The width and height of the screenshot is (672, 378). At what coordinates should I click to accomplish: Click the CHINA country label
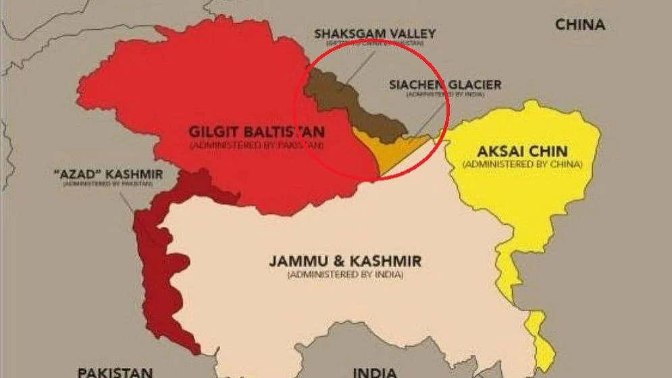click(579, 25)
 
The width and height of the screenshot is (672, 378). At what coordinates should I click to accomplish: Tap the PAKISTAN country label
click(114, 371)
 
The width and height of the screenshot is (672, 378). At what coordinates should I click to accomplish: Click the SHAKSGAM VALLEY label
click(375, 33)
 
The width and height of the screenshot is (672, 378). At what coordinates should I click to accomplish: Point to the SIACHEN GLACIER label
click(445, 84)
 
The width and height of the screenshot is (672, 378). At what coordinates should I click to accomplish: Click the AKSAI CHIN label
click(522, 151)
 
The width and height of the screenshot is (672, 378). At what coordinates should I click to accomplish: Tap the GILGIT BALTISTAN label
click(257, 132)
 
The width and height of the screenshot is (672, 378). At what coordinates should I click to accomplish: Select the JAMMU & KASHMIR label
click(345, 261)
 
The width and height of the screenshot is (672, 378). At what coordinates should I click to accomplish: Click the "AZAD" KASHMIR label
click(107, 175)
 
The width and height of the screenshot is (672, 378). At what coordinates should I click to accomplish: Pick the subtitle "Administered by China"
click(522, 164)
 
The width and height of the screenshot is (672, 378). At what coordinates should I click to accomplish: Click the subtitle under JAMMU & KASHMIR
click(345, 275)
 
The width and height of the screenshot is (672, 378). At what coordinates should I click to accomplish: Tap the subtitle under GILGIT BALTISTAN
click(257, 145)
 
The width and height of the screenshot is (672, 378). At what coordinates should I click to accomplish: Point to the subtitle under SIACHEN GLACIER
click(445, 95)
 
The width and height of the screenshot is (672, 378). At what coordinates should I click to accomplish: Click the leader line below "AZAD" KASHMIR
click(128, 202)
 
